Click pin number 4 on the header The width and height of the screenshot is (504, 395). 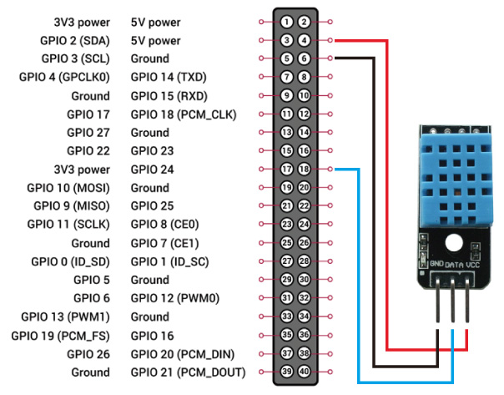click(x=305, y=40)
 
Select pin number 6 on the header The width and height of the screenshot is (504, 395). click(x=305, y=58)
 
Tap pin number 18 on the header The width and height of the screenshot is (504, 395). click(x=305, y=169)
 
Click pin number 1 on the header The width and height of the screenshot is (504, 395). click(x=286, y=22)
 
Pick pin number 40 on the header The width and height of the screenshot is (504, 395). click(x=305, y=372)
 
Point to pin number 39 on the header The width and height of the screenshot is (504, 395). click(x=286, y=372)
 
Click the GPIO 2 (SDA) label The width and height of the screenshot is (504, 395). click(x=74, y=40)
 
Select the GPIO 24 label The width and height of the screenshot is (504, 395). click(x=151, y=169)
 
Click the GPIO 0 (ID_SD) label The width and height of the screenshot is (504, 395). click(x=69, y=261)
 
